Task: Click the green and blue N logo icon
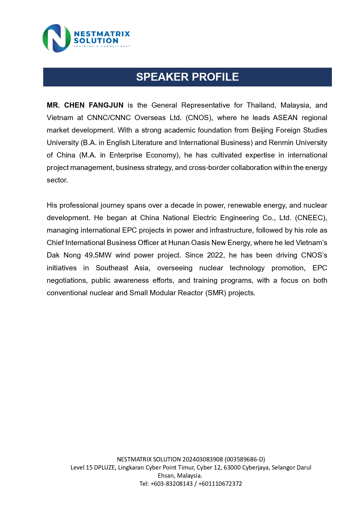pyautogui.click(x=56, y=38)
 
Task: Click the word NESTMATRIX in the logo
pyautogui.click(x=102, y=34)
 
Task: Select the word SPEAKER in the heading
pyautogui.click(x=162, y=77)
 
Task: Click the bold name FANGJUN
pyautogui.click(x=106, y=105)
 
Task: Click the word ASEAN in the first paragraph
pyautogui.click(x=285, y=117)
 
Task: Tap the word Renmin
pyautogui.click(x=280, y=142)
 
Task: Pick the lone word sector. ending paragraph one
pyautogui.click(x=57, y=180)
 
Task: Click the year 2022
pyautogui.click(x=215, y=255)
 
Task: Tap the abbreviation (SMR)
pyautogui.click(x=216, y=293)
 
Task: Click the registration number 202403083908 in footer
pyautogui.click(x=202, y=459)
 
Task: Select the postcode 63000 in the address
pyautogui.click(x=232, y=467)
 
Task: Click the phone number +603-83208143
pyautogui.click(x=171, y=483)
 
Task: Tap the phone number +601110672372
pyautogui.click(x=220, y=483)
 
